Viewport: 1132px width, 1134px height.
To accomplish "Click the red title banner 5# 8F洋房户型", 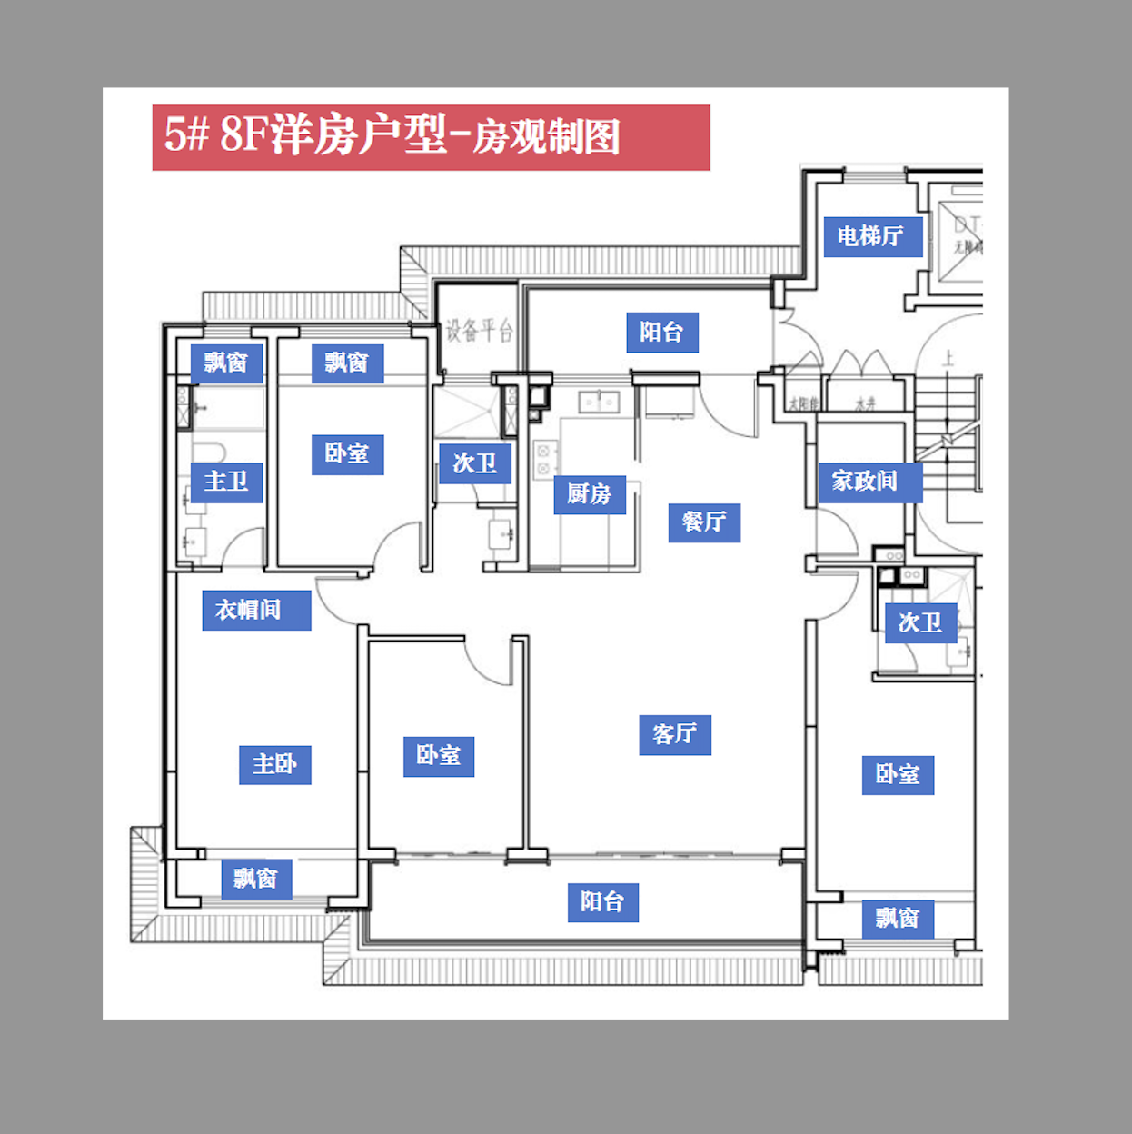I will (430, 137).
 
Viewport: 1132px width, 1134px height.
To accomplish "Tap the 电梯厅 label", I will (872, 236).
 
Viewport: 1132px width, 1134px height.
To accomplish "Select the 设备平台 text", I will (479, 331).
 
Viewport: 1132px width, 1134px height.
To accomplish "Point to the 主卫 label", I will (226, 482).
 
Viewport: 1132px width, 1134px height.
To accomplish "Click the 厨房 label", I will (589, 494).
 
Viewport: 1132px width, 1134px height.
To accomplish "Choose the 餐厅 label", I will (704, 522).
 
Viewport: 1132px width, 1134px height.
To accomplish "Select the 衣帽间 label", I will (255, 610).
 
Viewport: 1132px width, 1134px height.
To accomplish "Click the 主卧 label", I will (274, 764).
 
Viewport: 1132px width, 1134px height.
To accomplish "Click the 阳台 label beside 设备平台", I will (661, 333).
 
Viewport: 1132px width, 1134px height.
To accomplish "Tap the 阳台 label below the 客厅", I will (602, 902).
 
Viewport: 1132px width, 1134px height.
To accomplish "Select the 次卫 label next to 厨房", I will (474, 463).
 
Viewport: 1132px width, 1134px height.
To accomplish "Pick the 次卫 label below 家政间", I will (919, 622).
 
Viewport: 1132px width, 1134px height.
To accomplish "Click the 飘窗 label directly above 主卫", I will (226, 363).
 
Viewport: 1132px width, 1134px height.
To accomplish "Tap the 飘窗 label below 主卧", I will (255, 879).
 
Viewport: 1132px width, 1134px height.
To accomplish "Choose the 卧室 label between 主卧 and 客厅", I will (438, 756).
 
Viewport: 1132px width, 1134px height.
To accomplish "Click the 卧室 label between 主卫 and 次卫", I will (347, 454).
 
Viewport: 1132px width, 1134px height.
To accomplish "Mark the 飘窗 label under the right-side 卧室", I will (897, 919).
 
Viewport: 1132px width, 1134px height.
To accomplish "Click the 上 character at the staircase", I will (948, 359).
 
